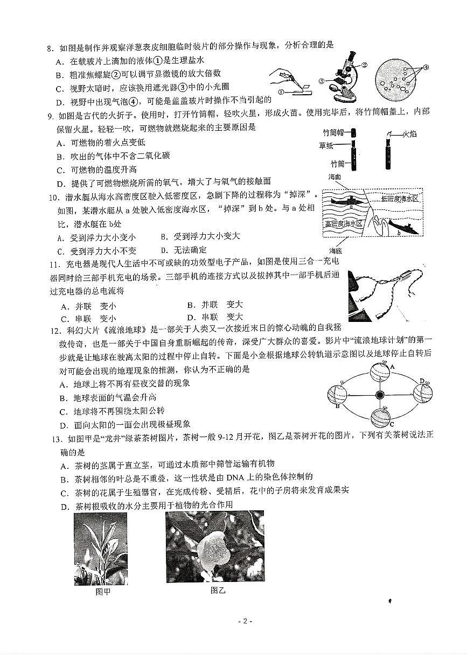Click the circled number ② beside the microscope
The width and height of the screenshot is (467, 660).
pos(365,65)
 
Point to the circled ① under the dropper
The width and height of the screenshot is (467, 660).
pos(281,92)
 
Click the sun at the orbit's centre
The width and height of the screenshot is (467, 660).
pos(380,395)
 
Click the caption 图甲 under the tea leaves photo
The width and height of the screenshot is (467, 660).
pos(102,592)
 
